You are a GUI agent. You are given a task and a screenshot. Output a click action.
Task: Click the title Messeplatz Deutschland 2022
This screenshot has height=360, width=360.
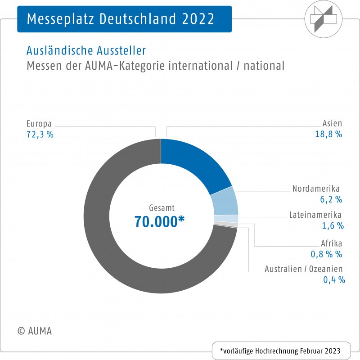pyautogui.click(x=121, y=19)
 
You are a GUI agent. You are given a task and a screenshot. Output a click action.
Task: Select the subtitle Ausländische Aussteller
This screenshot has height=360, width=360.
pyautogui.click(x=86, y=50)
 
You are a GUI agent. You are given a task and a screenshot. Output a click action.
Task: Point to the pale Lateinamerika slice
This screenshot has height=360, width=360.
pyautogui.click(x=232, y=219)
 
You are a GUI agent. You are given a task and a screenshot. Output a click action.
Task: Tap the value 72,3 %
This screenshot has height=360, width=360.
pyautogui.click(x=40, y=135)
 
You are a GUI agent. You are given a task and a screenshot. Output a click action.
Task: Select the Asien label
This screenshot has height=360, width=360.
pyautogui.click(x=332, y=123)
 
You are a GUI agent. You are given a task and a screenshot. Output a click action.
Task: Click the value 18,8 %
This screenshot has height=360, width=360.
pyautogui.click(x=329, y=135)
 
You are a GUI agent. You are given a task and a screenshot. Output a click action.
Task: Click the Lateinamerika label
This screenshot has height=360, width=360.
pyautogui.click(x=316, y=215)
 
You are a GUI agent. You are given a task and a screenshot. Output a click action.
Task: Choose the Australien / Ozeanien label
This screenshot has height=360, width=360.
pyautogui.click(x=304, y=269)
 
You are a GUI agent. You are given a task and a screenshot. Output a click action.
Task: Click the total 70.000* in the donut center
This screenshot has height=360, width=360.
pyautogui.click(x=160, y=221)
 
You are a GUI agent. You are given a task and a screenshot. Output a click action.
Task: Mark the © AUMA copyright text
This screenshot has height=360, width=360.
pyautogui.click(x=35, y=331)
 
